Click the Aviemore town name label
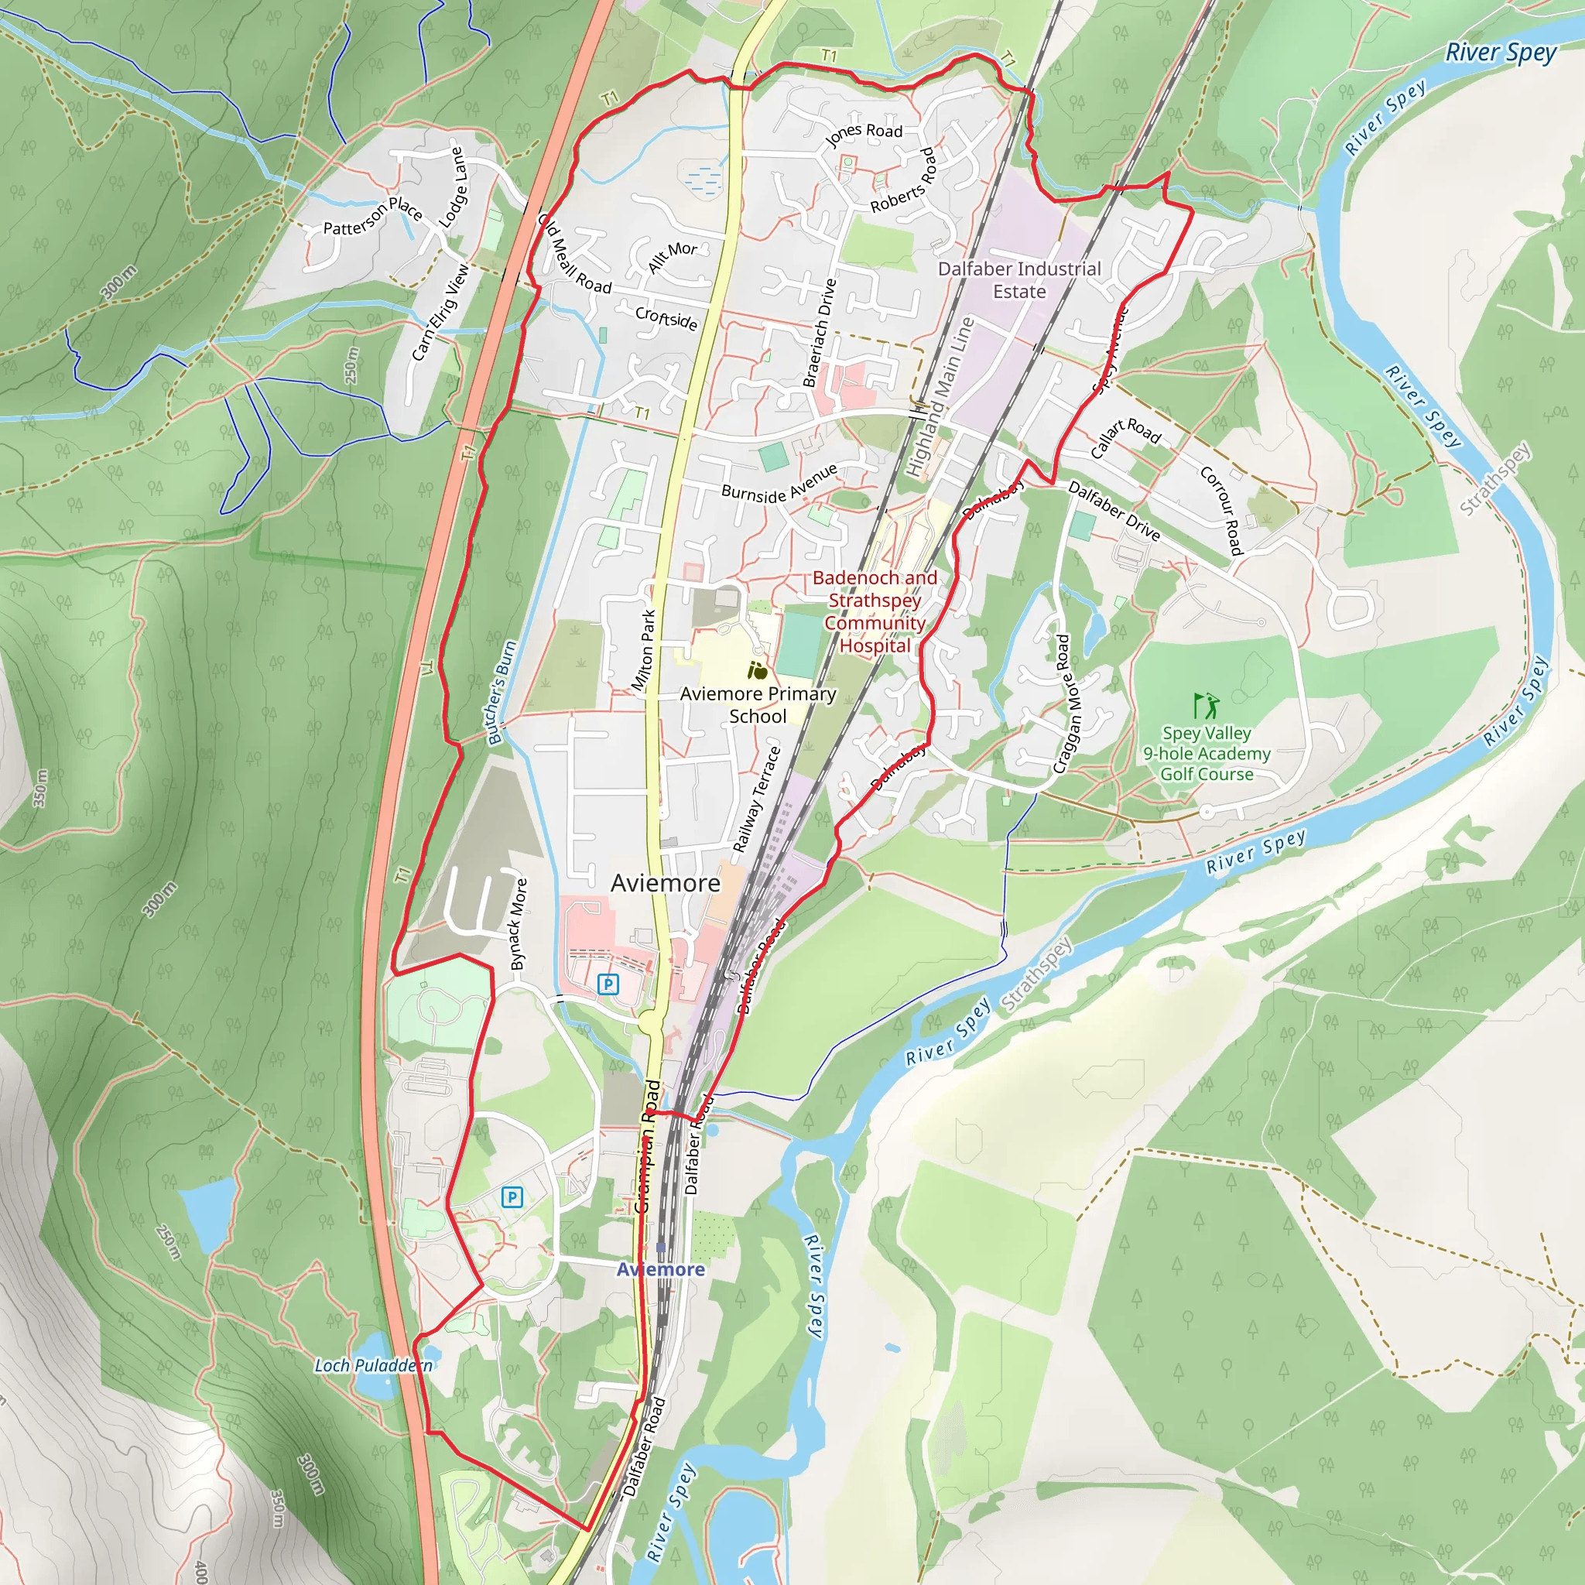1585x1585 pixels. coord(666,884)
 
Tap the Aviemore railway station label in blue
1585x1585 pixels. coord(660,1269)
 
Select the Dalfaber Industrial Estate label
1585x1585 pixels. coord(1019,279)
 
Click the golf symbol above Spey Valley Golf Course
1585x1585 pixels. coord(1205,706)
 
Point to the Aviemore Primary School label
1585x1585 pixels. coord(757,705)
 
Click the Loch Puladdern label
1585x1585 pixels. coord(373,1365)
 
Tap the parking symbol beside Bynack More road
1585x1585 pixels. coord(608,984)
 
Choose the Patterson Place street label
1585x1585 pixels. coord(372,215)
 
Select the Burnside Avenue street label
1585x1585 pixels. coord(779,484)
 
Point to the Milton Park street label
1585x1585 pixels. coord(644,650)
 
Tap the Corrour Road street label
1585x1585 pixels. coord(1221,510)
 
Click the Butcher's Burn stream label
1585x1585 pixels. coord(502,693)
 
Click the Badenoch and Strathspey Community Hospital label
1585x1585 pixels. coord(875,611)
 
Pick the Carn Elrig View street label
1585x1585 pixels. coord(440,312)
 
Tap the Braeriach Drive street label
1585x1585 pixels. coord(820,332)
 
